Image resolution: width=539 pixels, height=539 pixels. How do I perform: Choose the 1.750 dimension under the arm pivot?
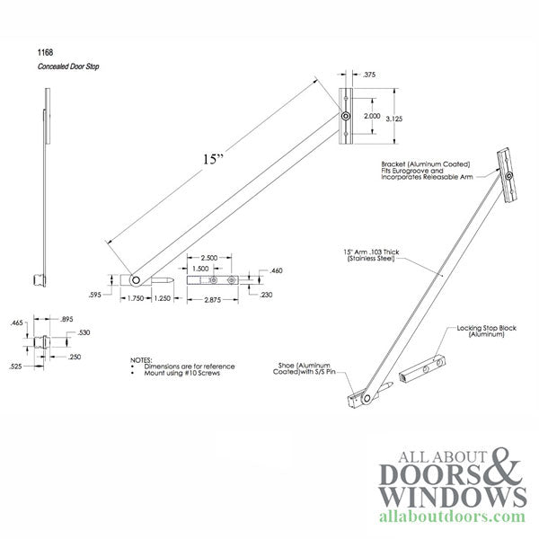137,299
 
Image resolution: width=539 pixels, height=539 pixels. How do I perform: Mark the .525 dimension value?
16,367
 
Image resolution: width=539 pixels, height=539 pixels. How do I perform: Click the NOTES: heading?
142,358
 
